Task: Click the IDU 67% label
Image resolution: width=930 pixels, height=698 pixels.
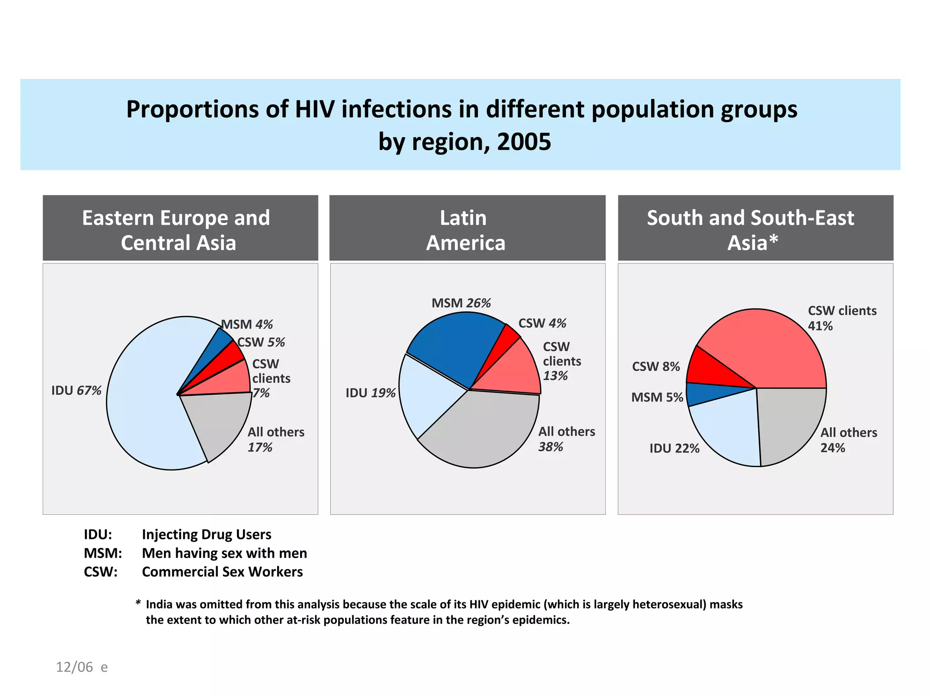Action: [x=76, y=390]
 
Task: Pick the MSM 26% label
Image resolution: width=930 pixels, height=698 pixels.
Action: [x=461, y=303]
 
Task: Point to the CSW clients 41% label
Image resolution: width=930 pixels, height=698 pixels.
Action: [x=841, y=318]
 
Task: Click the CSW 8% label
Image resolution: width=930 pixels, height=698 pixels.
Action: [x=656, y=366]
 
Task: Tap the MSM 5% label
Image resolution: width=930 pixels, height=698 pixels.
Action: [x=657, y=397]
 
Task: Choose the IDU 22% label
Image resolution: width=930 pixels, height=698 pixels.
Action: [x=674, y=449]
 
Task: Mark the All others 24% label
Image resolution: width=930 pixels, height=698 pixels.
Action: [x=848, y=440]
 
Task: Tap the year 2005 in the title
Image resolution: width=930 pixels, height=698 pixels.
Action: [x=524, y=142]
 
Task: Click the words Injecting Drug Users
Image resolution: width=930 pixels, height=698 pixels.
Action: [x=207, y=534]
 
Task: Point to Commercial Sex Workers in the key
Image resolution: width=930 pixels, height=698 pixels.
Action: [x=222, y=572]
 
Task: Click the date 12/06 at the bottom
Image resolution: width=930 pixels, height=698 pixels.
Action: [x=74, y=667]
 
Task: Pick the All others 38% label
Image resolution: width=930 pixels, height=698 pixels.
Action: [x=566, y=439]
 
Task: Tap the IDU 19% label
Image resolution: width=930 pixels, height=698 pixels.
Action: [x=370, y=393]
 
